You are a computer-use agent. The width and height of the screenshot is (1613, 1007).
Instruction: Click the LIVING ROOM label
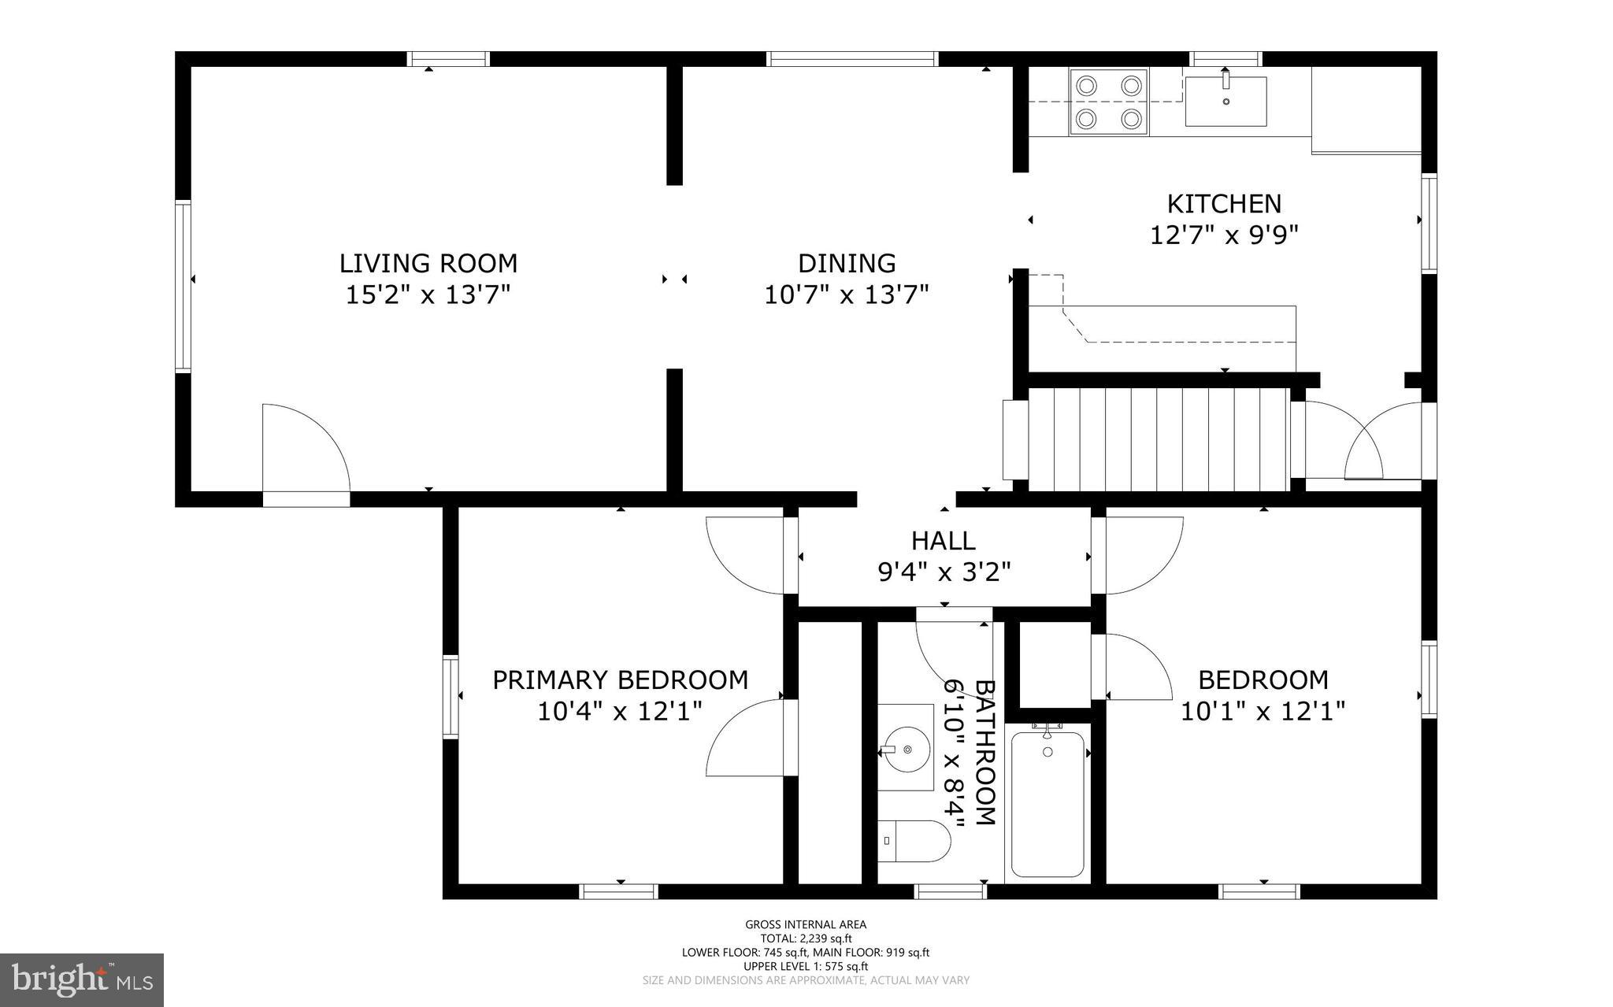point(428,263)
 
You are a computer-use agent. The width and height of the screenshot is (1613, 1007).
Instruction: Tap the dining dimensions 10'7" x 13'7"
point(847,295)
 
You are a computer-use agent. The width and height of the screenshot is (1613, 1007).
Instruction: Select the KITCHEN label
point(1224,204)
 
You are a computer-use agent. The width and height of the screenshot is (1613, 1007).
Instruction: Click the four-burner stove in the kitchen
point(1108,102)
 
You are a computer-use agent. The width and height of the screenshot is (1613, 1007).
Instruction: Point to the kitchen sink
point(1226,102)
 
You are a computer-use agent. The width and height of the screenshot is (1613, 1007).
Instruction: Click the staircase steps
point(1158,439)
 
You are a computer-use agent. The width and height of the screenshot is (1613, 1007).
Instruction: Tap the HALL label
point(944,541)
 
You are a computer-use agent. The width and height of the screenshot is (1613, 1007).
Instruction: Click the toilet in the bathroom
point(912,841)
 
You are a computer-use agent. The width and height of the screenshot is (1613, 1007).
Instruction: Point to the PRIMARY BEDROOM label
point(620,680)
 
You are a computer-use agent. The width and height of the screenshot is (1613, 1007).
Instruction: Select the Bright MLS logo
point(82,979)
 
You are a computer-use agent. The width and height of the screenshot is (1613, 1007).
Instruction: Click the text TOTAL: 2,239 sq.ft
point(806,939)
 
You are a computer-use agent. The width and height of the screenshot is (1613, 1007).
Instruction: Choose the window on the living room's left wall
point(183,287)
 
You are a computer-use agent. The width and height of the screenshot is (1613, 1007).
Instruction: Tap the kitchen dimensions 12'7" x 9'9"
point(1224,235)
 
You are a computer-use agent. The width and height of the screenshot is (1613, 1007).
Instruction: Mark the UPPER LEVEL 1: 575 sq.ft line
point(806,966)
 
